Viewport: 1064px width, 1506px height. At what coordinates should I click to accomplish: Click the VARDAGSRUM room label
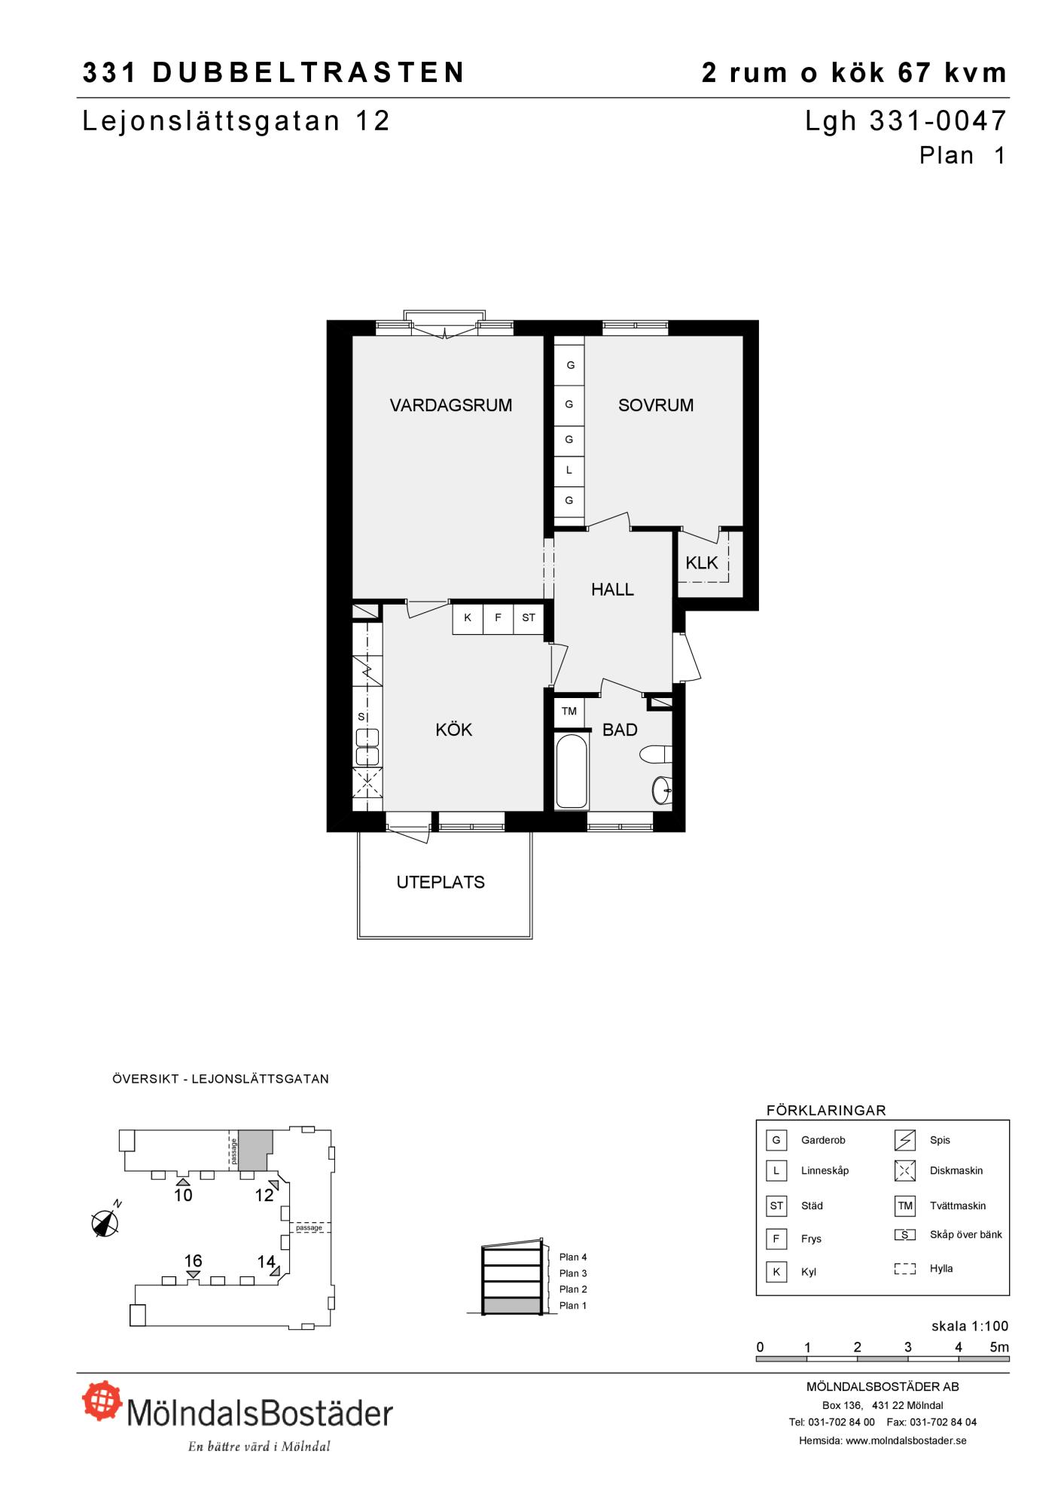click(450, 405)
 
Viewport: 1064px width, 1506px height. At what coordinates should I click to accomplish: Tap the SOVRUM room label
click(656, 405)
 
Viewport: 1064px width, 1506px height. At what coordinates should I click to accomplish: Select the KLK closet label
click(702, 562)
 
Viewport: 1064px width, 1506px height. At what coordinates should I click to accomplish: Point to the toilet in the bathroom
click(655, 753)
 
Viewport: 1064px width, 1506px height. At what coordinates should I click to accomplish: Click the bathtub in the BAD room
click(572, 770)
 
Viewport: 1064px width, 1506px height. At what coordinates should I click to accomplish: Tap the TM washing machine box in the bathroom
click(569, 712)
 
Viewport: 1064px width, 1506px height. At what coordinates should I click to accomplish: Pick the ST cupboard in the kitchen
click(529, 617)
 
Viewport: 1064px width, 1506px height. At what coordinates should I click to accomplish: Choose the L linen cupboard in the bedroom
click(569, 470)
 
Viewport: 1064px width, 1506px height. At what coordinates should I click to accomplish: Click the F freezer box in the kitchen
click(498, 617)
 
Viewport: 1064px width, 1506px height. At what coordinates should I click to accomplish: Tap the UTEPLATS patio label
click(441, 883)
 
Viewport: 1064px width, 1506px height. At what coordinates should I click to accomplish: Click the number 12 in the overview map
click(264, 1195)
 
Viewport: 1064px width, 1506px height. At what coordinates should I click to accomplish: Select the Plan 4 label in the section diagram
click(573, 1257)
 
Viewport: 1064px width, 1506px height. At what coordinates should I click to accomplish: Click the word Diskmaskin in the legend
click(956, 1170)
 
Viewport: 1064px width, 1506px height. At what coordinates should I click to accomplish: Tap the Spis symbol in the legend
click(905, 1141)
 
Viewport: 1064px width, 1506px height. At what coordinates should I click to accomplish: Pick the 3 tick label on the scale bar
click(908, 1347)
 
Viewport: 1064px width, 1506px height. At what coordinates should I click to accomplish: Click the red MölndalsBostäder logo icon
click(102, 1401)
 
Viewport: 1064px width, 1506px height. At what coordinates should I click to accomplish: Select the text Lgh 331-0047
click(906, 120)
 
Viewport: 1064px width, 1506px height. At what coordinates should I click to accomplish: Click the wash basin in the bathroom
click(660, 790)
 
